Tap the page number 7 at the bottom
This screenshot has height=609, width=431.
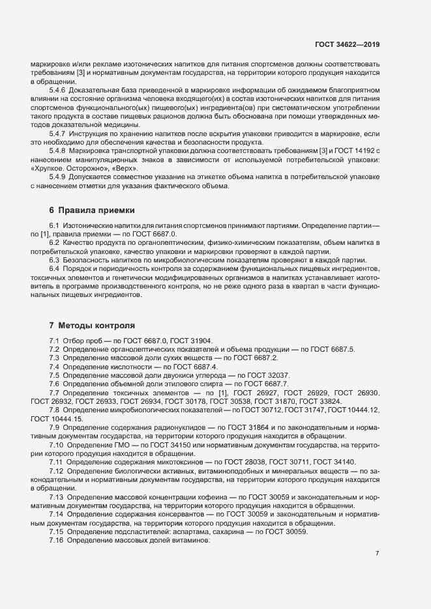pyautogui.click(x=377, y=553)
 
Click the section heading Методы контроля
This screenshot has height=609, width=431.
pyautogui.click(x=97, y=325)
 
